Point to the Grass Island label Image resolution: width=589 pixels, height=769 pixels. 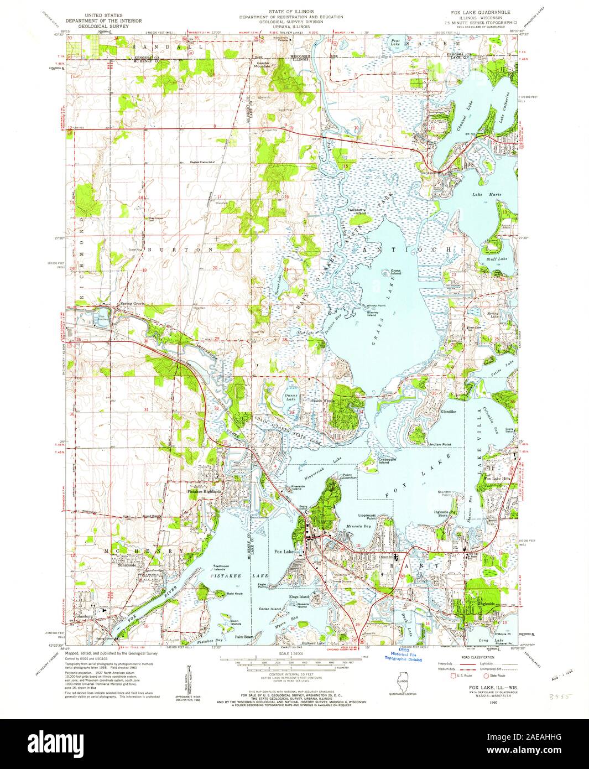[x=396, y=272]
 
